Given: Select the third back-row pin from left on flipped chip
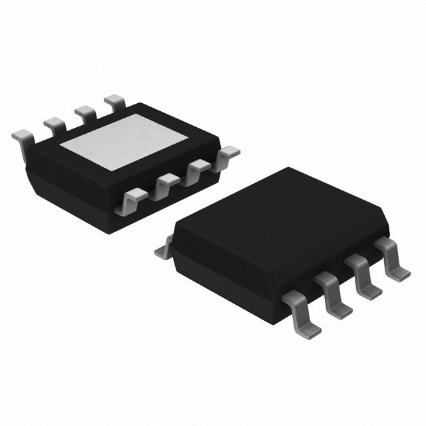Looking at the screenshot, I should pos(85,110).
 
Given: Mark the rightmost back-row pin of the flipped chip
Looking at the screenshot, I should pos(113,101).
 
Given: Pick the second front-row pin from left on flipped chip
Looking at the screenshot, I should pos(166,184).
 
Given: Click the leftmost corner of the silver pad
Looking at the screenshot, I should pos(61,145).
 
